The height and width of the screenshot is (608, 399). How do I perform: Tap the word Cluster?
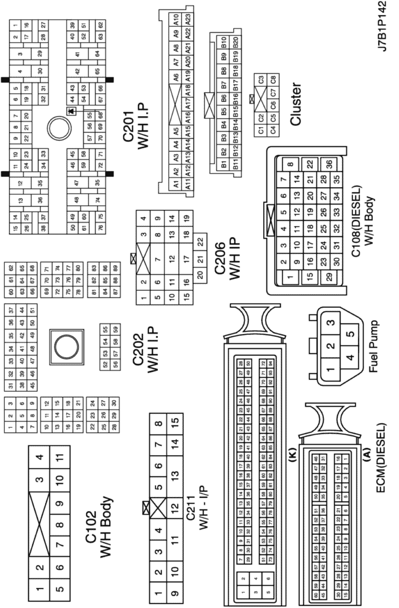[x=296, y=104]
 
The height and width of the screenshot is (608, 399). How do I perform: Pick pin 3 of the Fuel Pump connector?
[x=329, y=323]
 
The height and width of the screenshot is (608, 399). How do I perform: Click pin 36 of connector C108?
[x=328, y=164]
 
